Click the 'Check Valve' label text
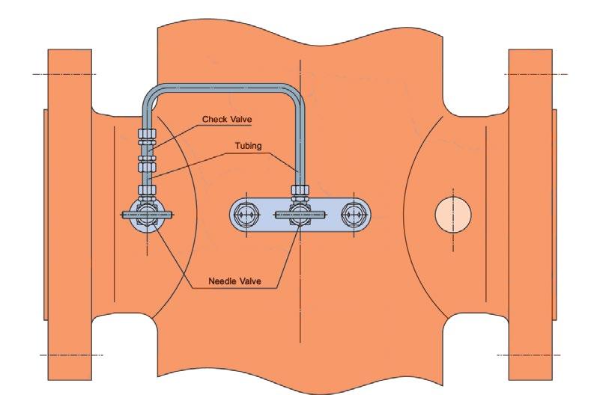[x=228, y=120]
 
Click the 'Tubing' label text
[x=247, y=146]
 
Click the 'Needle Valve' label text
[x=240, y=283]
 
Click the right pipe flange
[x=533, y=217]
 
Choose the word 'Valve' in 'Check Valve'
[x=240, y=120]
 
